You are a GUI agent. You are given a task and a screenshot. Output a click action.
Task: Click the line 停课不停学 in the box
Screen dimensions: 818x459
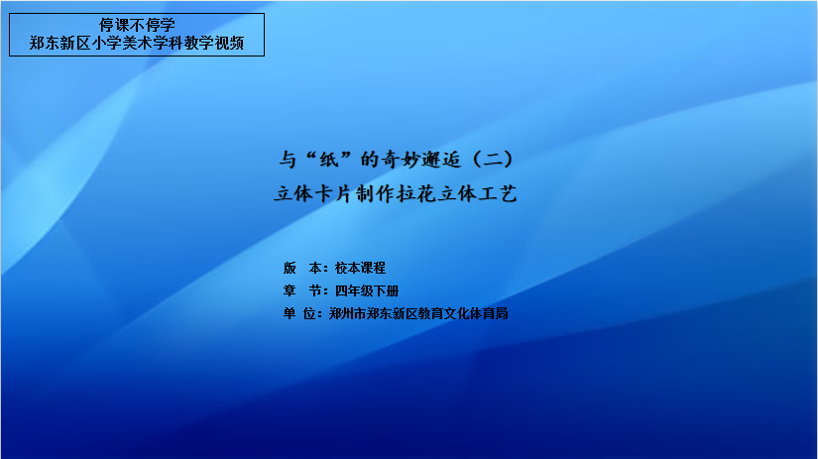click(x=137, y=25)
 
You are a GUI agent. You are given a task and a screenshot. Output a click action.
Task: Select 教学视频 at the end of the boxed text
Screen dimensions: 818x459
click(x=213, y=43)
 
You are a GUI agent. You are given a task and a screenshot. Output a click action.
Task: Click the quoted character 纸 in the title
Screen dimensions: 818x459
click(x=328, y=159)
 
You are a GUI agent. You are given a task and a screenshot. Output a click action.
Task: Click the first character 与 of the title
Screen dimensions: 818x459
click(x=288, y=159)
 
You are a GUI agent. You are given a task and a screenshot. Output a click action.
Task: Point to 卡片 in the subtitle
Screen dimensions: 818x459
click(x=334, y=194)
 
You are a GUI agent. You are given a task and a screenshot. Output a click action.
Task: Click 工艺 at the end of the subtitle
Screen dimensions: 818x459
click(x=498, y=194)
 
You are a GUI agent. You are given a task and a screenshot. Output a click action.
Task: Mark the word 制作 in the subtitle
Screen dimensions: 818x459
click(x=375, y=194)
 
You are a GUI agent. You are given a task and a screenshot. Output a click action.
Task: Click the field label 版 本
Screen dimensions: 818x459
click(x=302, y=268)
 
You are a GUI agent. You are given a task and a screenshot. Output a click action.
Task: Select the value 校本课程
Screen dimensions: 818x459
click(x=360, y=268)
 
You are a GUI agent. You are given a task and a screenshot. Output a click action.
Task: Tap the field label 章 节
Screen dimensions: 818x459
click(x=302, y=290)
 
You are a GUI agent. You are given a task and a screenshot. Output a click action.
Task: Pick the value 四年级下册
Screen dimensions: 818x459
click(x=367, y=290)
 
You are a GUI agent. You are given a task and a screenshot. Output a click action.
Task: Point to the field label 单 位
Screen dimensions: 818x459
click(x=299, y=313)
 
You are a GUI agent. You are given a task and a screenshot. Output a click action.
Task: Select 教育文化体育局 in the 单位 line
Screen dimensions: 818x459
click(x=463, y=313)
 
